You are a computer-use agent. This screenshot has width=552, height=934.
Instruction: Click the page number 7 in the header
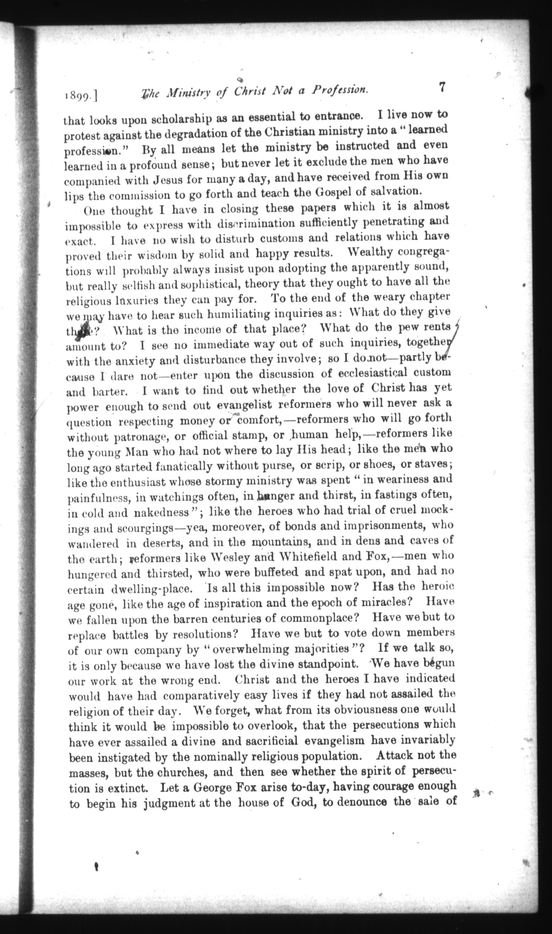[x=441, y=88]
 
